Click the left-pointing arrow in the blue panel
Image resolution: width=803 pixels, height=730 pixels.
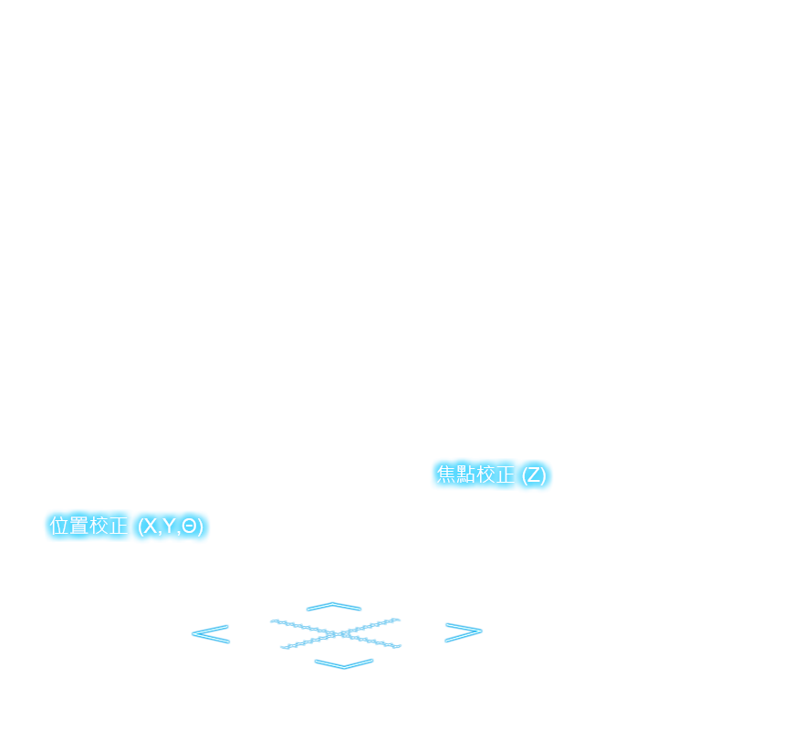210,633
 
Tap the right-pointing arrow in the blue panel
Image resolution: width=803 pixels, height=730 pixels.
463,631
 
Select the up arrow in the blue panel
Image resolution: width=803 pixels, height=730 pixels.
334,606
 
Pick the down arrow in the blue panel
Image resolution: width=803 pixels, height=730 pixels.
344,663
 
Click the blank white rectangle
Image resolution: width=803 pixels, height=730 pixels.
177,575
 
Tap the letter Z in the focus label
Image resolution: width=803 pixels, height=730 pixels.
534,475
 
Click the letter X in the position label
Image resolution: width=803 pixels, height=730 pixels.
150,527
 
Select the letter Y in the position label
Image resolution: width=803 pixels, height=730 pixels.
169,527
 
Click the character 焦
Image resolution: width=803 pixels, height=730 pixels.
446,474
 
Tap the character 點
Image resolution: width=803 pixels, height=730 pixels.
466,474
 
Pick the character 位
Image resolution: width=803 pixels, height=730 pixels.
59,526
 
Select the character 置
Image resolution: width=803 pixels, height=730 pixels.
79,526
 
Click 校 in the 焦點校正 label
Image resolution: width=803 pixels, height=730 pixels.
486,474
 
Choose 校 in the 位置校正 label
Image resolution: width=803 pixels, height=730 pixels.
99,526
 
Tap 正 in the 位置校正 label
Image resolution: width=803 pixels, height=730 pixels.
119,526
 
